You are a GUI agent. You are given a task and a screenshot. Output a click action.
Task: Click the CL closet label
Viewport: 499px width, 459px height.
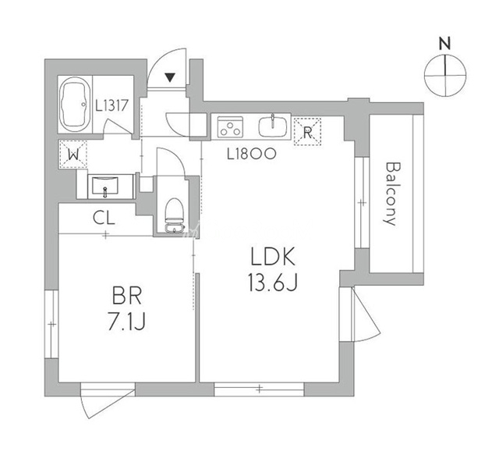pyautogui.click(x=104, y=219)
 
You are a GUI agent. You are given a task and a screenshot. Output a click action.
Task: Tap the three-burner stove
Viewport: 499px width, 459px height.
pyautogui.click(x=232, y=126)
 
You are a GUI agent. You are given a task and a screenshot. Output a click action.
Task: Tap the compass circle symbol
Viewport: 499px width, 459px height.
pyautogui.click(x=445, y=76)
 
